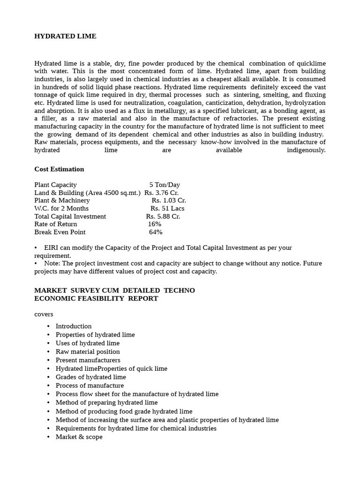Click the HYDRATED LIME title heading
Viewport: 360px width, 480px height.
pos(65,36)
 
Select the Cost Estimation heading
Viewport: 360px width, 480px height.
pos(59,169)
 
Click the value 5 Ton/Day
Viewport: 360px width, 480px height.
pos(165,185)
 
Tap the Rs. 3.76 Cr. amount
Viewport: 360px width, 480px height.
pos(161,193)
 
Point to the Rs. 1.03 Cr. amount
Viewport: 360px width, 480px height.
pos(169,201)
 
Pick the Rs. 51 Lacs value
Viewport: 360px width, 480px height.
pos(167,209)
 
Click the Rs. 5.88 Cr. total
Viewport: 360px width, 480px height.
pos(163,217)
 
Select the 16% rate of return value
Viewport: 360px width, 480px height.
pos(155,224)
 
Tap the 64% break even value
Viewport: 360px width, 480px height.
pos(156,232)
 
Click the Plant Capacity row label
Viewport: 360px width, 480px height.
pos(55,185)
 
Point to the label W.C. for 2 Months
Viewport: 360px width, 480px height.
pos(61,209)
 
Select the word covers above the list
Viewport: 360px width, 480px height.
pos(44,314)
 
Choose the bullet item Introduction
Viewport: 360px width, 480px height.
pos(74,326)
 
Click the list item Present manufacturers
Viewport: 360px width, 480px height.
pos(88,360)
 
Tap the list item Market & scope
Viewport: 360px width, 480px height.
pos(79,437)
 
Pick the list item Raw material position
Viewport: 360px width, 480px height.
pos(88,352)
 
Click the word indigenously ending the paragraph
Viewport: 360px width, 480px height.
pos(306,150)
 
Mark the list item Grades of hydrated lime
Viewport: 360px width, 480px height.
pos(90,377)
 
